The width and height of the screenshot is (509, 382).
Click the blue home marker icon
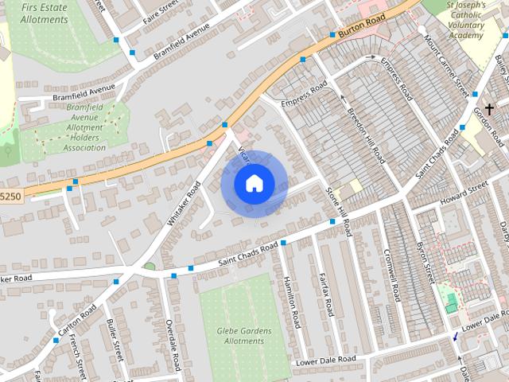point(254,182)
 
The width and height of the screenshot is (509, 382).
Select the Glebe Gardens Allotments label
point(243,336)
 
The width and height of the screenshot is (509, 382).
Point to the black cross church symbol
point(488,107)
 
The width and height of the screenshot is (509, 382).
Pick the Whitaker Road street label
point(184,206)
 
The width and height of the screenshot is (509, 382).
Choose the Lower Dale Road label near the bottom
point(326,361)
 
